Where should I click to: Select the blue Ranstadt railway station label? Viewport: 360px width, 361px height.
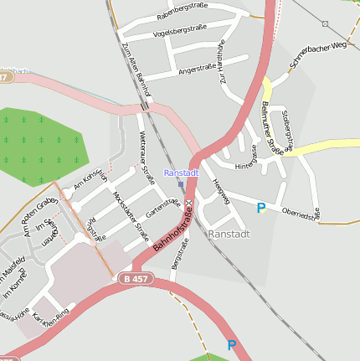coord(181,173)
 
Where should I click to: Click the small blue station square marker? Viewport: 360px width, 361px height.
coord(180,184)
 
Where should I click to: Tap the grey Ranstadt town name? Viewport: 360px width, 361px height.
coord(229,234)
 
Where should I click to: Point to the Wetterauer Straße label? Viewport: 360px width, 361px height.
coord(147,162)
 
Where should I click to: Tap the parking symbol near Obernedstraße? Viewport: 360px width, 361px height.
coord(261,208)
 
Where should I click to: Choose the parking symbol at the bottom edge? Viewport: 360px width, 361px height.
coord(232,344)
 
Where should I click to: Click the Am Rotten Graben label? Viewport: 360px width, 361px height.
coord(39,216)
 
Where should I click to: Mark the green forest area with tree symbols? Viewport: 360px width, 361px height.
coord(40,144)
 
